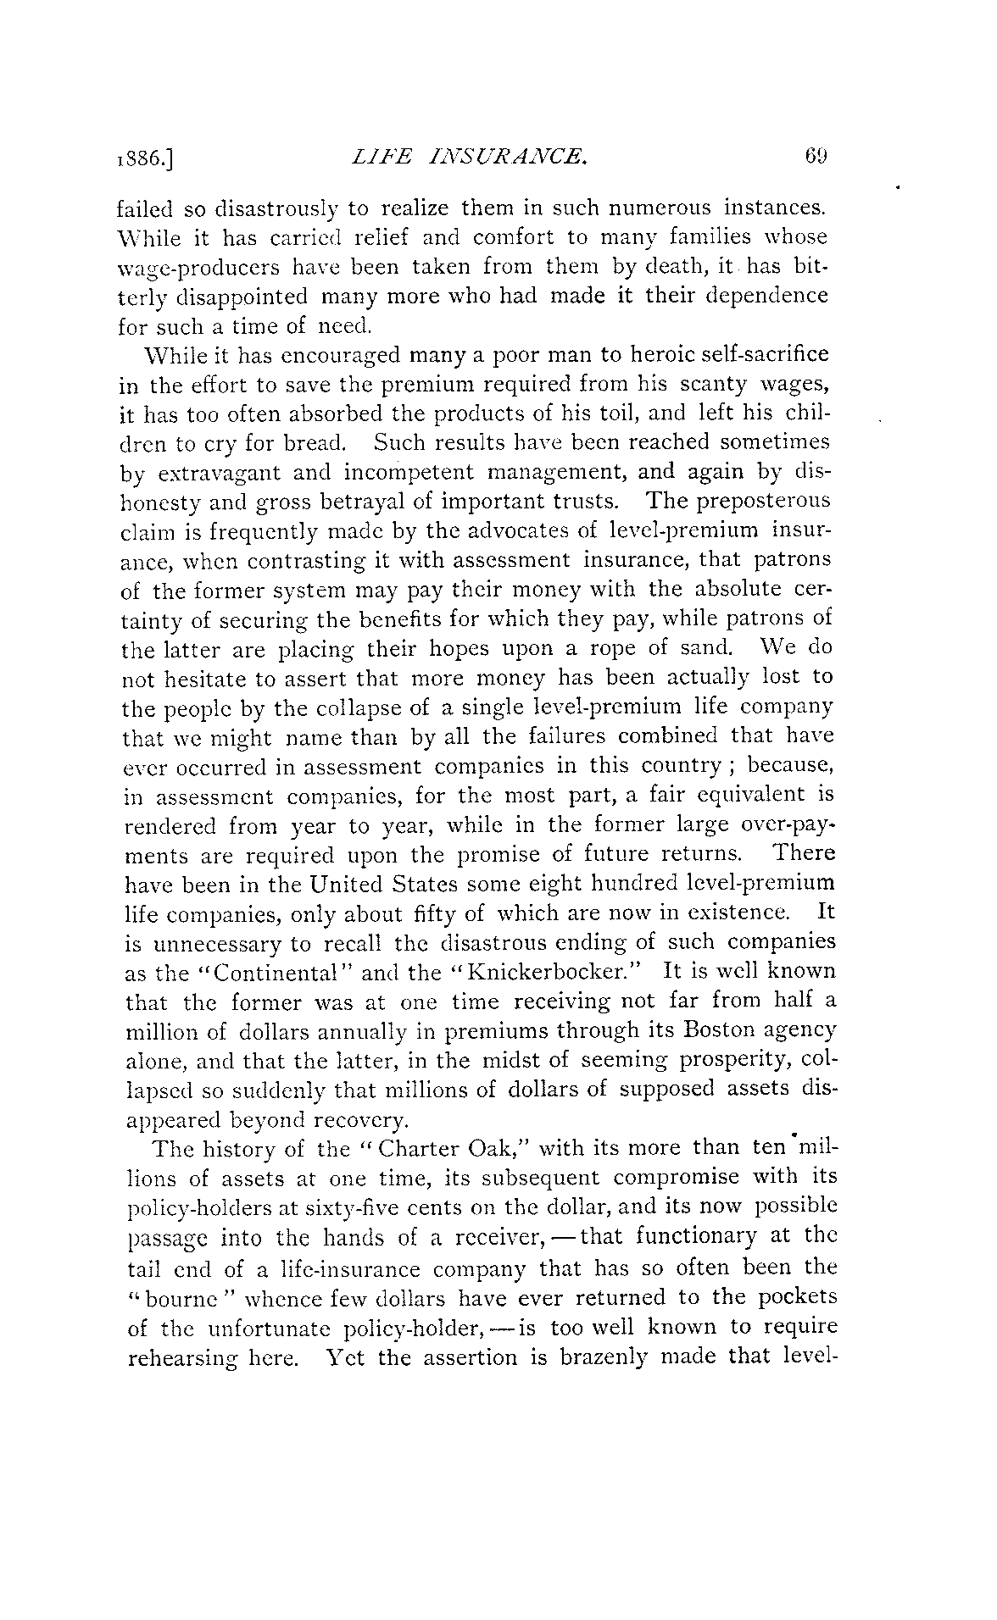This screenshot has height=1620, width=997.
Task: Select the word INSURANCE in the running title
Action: (x=517, y=156)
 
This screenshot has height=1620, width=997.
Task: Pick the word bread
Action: (x=310, y=443)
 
